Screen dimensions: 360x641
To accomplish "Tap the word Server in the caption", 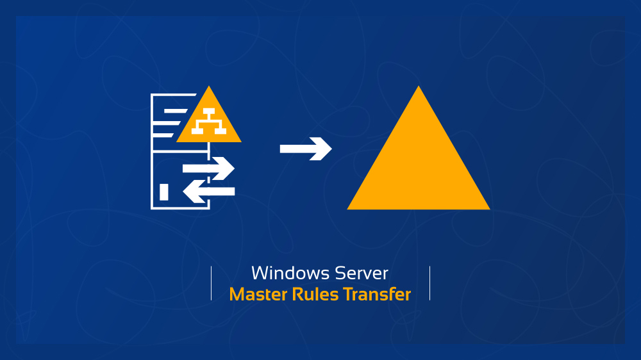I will pyautogui.click(x=362, y=274).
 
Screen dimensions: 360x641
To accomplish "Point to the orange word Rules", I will pyautogui.click(x=315, y=295).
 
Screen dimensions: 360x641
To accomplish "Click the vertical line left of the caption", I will pyautogui.click(x=211, y=283).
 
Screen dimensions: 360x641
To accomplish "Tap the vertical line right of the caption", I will pyautogui.click(x=429, y=283).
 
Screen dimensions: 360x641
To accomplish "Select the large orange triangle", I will pyautogui.click(x=419, y=167).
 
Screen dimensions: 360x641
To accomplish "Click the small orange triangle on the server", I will pyautogui.click(x=209, y=122).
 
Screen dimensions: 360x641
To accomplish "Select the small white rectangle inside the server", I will pyautogui.click(x=164, y=192).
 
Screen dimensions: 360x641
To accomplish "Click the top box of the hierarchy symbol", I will pyautogui.click(x=209, y=111).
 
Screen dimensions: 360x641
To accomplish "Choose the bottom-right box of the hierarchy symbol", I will pyautogui.click(x=221, y=131).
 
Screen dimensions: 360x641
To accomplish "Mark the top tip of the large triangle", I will pyautogui.click(x=419, y=88).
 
